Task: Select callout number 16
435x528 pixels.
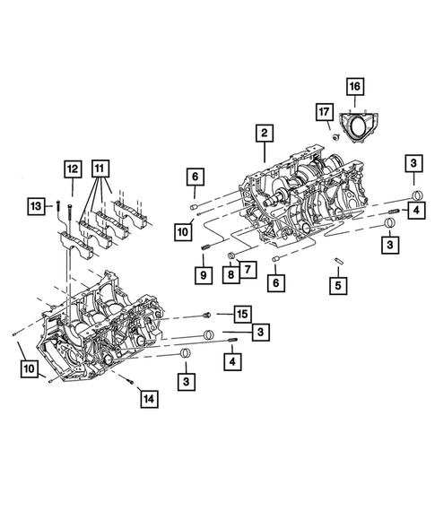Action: coord(354,87)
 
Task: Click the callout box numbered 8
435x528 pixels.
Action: coord(231,275)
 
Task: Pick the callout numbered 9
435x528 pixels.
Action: coord(205,275)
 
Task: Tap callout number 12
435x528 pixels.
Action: coord(72,167)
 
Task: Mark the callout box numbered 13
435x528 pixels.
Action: coord(36,206)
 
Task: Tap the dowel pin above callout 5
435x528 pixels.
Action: coord(339,261)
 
